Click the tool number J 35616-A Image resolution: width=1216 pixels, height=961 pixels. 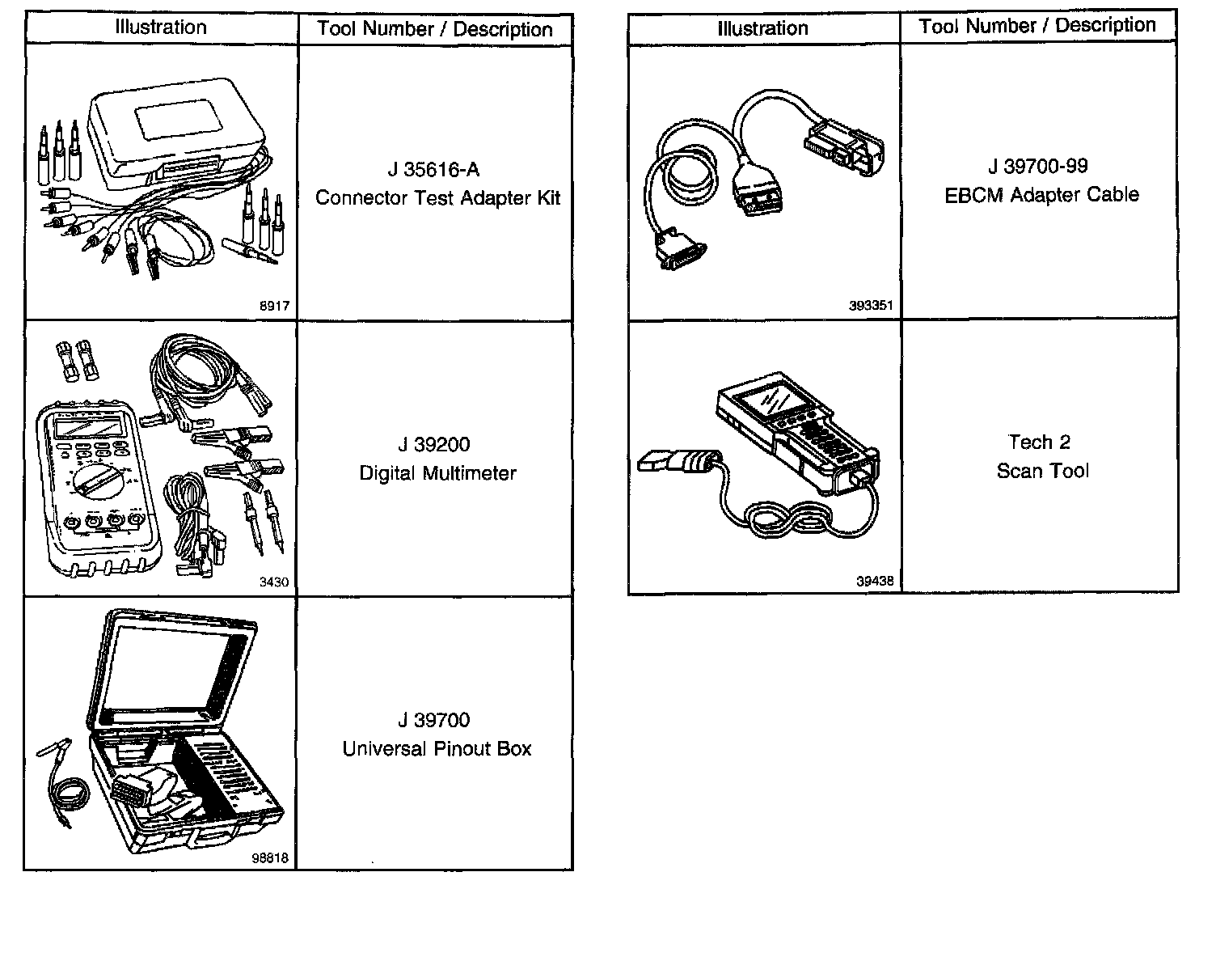click(433, 170)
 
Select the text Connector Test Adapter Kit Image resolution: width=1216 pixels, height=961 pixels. click(437, 198)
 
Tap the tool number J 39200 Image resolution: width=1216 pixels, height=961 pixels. click(433, 445)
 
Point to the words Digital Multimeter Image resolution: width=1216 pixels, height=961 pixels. click(437, 473)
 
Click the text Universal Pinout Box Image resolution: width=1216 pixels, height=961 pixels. click(437, 749)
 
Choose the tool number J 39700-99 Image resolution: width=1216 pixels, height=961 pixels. click(1038, 167)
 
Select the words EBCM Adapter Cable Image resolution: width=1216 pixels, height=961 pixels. click(1041, 195)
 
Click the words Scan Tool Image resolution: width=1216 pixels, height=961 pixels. click(1042, 471)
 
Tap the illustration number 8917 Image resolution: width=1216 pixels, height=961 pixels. click(274, 307)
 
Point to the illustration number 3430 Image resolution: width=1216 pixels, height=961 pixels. click(273, 582)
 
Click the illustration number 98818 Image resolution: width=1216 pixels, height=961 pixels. click(270, 859)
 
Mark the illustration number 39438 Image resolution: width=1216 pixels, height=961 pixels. click(874, 581)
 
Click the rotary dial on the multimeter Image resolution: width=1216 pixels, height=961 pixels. click(95, 482)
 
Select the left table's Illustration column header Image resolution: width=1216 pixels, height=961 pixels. click(161, 28)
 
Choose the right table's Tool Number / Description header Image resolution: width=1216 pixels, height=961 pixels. click(1037, 26)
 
